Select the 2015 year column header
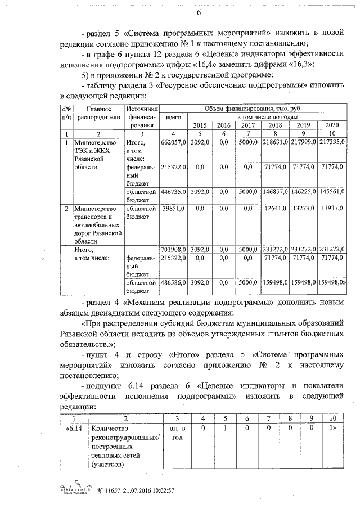(x=200, y=125)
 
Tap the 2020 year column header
(x=332, y=125)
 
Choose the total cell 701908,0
(x=174, y=249)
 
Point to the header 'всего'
(x=174, y=116)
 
